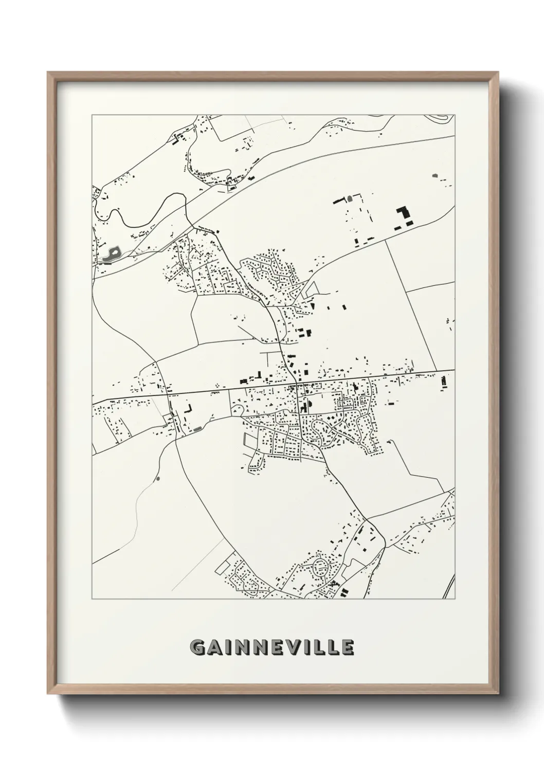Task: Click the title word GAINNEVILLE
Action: [272, 648]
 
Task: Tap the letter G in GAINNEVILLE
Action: [197, 648]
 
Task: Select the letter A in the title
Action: [214, 648]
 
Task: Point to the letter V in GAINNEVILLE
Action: [291, 648]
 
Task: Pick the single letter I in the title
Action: [227, 648]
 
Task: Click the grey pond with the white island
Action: [112, 254]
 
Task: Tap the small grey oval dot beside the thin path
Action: [157, 479]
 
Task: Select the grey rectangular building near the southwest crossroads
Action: [197, 428]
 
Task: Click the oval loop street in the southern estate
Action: [321, 567]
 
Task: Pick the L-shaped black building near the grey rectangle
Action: [188, 409]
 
